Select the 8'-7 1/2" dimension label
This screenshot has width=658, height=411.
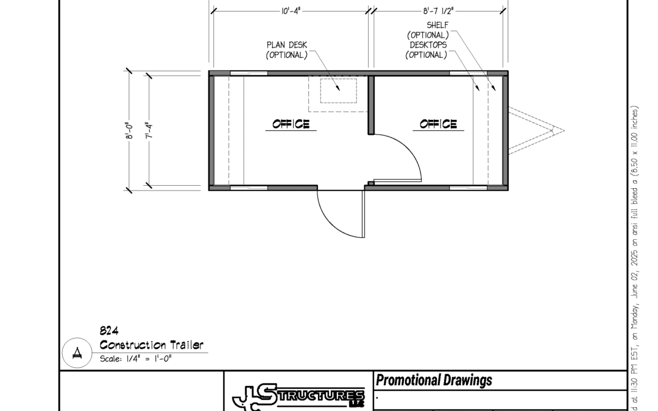click(x=438, y=11)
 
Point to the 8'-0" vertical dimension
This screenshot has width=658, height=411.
click(x=130, y=130)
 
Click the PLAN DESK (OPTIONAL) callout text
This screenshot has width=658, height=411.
click(x=287, y=50)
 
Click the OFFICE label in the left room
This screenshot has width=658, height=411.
click(x=291, y=124)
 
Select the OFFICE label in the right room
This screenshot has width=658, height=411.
click(x=438, y=124)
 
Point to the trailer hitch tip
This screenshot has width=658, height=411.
click(x=564, y=130)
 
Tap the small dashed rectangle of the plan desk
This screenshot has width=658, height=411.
click(x=339, y=91)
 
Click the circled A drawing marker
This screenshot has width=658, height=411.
click(x=77, y=353)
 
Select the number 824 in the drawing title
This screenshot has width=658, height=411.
click(x=109, y=331)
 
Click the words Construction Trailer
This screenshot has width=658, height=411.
click(x=152, y=345)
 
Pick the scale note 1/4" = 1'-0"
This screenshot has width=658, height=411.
click(x=149, y=359)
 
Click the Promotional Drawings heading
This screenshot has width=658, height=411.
click(x=434, y=381)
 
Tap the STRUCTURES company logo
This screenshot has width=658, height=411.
click(x=299, y=397)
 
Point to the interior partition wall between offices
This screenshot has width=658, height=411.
click(x=371, y=105)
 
